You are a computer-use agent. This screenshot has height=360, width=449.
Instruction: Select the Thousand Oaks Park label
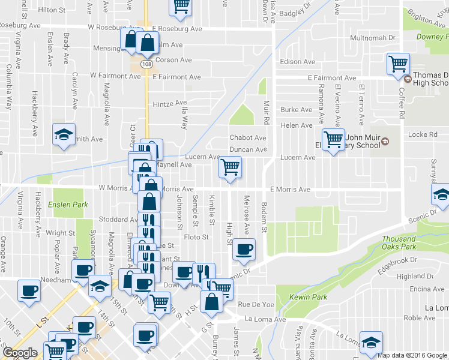[399, 242]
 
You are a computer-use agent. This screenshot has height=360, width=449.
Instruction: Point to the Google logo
[20, 353]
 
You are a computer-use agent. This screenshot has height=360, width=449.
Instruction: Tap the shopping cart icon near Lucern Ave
[230, 167]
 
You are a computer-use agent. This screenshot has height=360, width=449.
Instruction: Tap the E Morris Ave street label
[290, 190]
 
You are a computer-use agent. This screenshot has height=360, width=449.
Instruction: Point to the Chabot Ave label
[248, 138]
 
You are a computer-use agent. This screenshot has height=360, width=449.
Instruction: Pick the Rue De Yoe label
[256, 305]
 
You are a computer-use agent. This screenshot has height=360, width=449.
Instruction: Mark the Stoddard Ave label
[119, 220]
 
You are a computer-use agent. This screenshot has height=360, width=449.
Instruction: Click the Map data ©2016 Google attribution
[412, 355]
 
